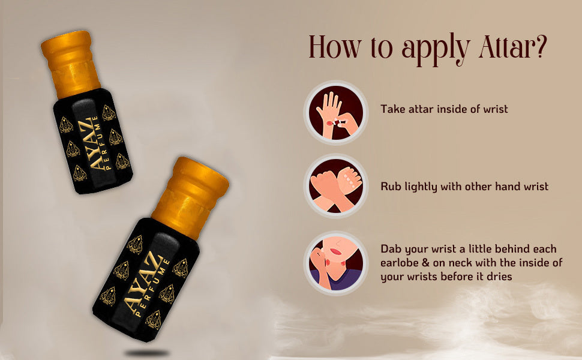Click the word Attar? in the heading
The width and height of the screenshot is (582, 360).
513,47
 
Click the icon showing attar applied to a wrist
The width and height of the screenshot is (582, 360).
336,113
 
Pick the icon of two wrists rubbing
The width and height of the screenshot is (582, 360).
336,186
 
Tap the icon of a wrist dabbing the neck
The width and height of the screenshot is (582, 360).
336,263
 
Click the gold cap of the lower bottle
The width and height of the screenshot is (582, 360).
190,198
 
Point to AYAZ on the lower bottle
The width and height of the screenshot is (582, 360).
143,281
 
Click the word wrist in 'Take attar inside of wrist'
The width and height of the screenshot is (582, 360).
496,109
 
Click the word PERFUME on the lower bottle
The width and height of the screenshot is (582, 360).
153,289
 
